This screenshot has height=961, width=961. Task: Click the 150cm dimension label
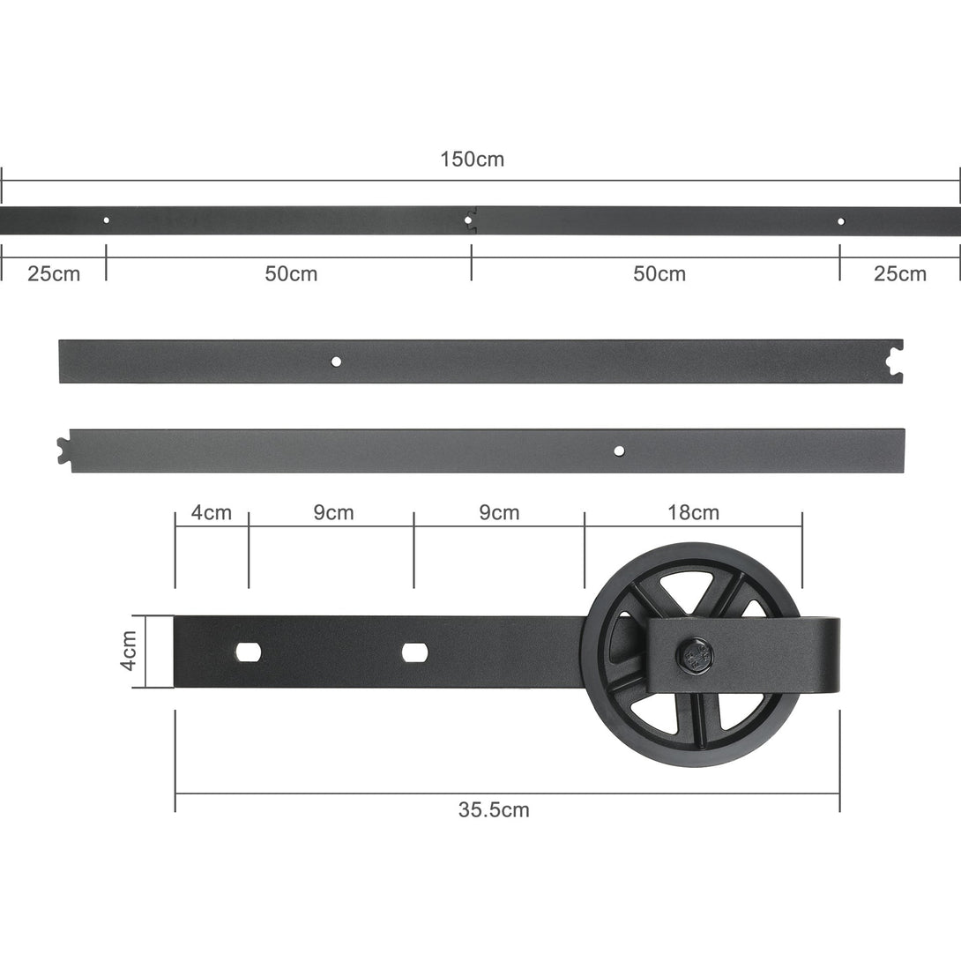click(x=472, y=160)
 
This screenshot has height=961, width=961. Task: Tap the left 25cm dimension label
click(x=54, y=273)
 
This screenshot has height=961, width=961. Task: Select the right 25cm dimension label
click(x=899, y=273)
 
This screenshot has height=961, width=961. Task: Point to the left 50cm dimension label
click(x=291, y=273)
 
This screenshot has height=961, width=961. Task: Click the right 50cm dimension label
click(x=659, y=273)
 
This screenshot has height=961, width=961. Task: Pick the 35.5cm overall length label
click(x=494, y=809)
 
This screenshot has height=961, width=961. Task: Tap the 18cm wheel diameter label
click(x=693, y=512)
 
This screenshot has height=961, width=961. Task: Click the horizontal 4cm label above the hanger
click(x=212, y=512)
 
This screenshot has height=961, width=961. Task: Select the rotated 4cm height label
click(x=128, y=651)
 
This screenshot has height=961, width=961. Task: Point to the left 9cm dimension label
click(x=333, y=512)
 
